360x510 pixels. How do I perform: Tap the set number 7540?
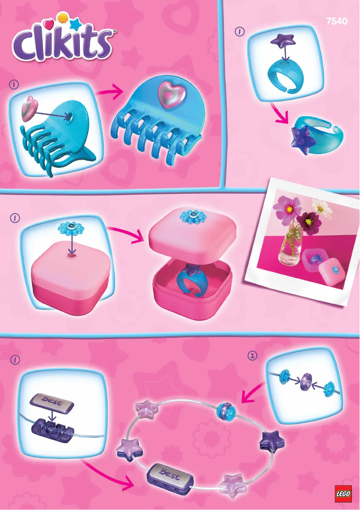pos(337,21)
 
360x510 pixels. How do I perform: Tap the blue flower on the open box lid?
pos(192,217)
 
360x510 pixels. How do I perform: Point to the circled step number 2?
pos(252,356)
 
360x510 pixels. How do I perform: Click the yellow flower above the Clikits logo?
pos(61,18)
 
